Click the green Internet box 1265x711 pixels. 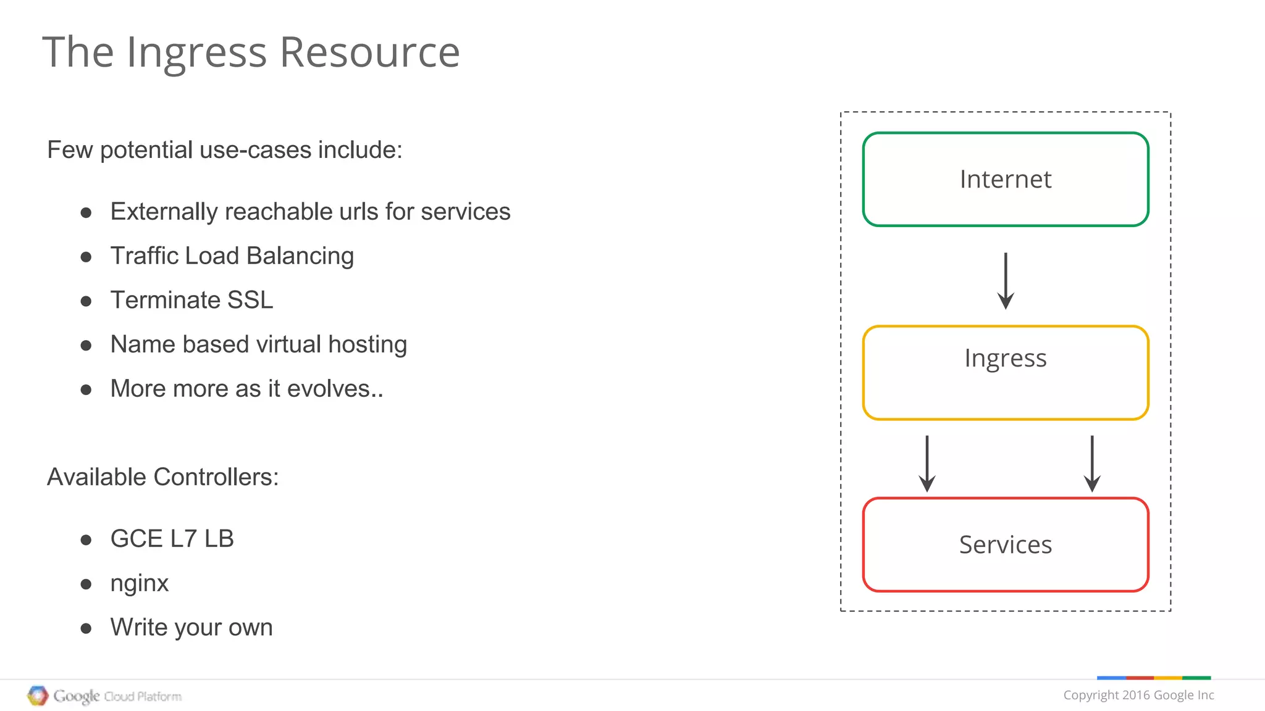point(1005,179)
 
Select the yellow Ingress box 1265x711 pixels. point(1005,372)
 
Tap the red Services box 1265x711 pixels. point(1005,544)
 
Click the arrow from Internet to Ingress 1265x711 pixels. point(1006,281)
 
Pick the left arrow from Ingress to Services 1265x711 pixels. point(927,464)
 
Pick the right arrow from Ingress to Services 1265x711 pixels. point(1092,464)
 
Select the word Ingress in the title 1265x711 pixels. point(196,53)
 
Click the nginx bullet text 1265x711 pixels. point(139,583)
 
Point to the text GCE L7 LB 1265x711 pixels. point(172,539)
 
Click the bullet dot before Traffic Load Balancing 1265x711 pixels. point(86,257)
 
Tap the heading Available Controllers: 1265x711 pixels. point(162,477)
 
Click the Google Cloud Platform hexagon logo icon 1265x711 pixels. point(38,696)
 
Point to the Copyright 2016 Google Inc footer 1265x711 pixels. point(1138,695)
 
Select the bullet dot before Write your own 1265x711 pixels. point(86,629)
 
